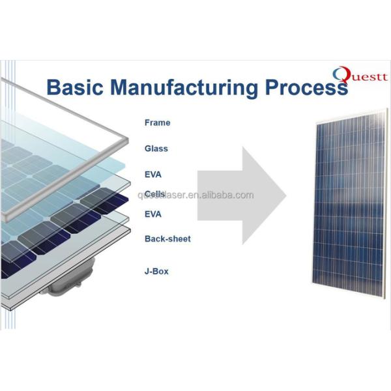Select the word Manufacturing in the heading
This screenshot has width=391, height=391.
pos(194,87)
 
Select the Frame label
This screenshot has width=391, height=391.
pos(157,123)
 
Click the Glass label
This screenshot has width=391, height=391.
pos(156,149)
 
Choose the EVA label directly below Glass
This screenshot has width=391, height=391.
pos(153,175)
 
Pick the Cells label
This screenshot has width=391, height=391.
pos(154,194)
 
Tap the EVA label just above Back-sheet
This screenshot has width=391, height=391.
pos(153,214)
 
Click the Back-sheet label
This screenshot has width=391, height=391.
pos(167,239)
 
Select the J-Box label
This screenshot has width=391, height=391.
pos(156,270)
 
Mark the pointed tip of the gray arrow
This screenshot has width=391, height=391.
pos(286,195)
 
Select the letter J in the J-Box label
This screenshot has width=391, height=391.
pos(147,270)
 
